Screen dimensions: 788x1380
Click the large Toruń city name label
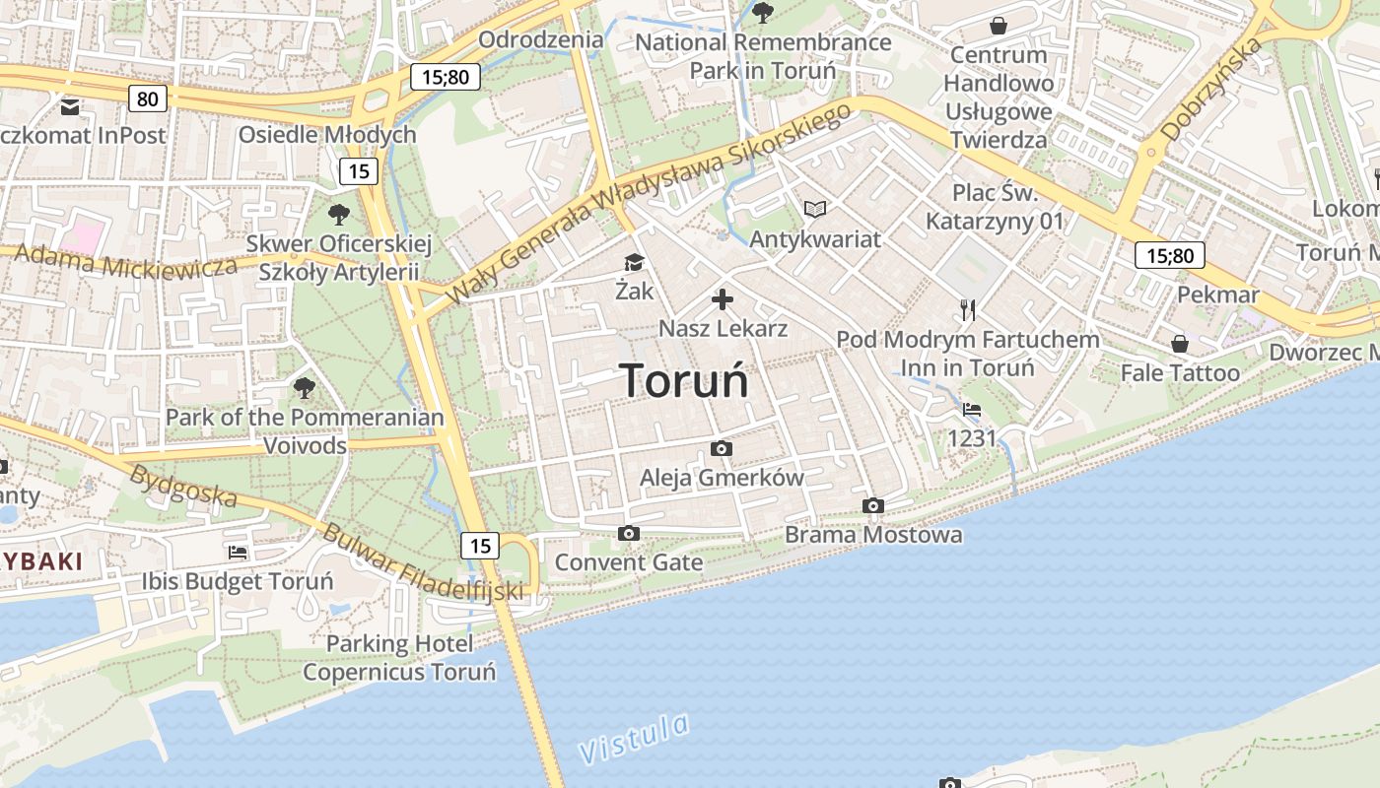[684, 381]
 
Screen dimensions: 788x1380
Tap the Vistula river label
[634, 739]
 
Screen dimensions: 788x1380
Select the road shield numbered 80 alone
[147, 98]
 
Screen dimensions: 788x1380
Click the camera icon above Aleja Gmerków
[722, 449]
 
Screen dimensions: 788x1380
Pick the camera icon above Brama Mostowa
[872, 506]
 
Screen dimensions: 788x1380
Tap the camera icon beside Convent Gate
[628, 534]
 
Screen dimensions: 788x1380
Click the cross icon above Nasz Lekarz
[723, 298]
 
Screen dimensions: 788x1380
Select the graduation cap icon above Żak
[633, 262]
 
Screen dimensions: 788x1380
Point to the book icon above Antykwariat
[815, 209]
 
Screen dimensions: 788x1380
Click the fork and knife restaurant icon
[968, 310]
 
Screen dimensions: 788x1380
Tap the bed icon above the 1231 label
[972, 410]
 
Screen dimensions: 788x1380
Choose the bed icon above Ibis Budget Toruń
[237, 553]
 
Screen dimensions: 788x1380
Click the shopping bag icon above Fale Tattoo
[1179, 344]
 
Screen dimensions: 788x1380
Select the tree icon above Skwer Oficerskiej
[338, 213]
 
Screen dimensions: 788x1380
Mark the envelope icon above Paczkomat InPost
[70, 106]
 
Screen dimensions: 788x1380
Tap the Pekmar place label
[1218, 295]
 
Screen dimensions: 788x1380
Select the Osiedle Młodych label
[327, 135]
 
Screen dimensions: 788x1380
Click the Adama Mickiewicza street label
[126, 261]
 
